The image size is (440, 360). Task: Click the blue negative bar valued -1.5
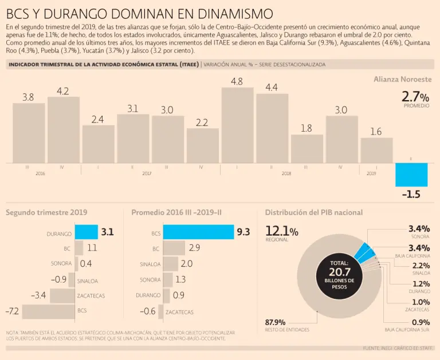411,175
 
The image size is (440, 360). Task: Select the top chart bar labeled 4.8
237,125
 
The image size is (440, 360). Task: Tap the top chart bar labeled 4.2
63,129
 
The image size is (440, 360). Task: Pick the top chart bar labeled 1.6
376,150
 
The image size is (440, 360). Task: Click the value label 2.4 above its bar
97,120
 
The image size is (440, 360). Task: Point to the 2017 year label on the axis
147,173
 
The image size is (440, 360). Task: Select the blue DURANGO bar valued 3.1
86,232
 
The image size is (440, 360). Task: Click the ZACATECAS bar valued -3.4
62,295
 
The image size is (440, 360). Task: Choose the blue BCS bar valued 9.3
198,232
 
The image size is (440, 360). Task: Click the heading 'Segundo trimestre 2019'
46,212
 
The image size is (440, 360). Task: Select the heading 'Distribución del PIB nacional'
313,212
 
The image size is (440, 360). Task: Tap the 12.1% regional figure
281,231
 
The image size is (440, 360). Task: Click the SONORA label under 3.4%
420,236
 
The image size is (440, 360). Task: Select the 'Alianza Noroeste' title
402,79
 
